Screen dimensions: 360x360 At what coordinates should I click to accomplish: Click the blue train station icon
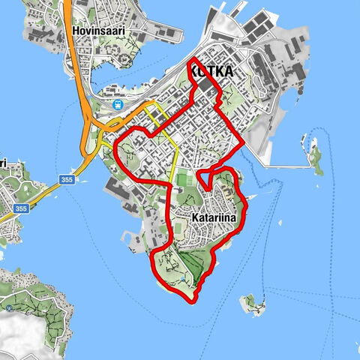coord(118,105)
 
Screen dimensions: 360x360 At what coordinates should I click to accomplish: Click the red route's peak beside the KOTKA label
coord(194,59)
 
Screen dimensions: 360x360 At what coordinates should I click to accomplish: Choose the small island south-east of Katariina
coord(253,303)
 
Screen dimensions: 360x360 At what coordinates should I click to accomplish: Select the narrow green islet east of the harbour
coord(315,157)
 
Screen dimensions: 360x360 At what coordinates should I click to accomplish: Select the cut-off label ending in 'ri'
coord(3,163)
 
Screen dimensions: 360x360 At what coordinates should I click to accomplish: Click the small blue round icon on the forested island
coord(9,307)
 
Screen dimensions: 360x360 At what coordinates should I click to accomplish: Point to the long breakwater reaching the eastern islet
coord(285,160)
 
